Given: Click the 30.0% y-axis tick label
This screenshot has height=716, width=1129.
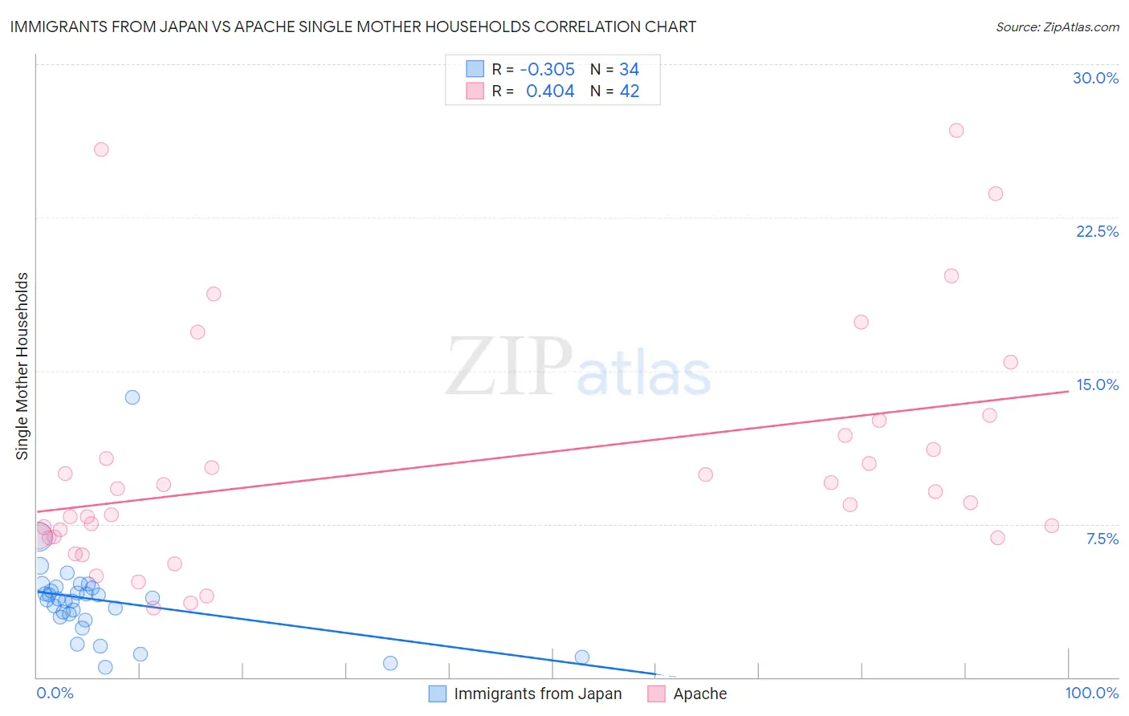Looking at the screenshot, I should (1095, 78).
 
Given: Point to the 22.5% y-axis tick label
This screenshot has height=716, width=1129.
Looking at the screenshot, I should (1097, 231).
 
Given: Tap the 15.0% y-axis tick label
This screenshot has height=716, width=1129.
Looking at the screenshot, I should (1097, 384).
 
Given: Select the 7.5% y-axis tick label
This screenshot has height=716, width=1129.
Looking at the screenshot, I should (1102, 539).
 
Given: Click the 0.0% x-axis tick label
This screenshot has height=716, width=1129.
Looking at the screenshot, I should (55, 693).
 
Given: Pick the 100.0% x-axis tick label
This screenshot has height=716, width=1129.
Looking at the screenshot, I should (1091, 693).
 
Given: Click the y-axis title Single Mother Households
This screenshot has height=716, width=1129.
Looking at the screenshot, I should (22, 366).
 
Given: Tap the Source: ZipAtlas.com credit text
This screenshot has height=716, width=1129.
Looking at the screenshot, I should (1057, 27).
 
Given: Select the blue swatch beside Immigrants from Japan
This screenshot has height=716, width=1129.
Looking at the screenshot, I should (437, 694).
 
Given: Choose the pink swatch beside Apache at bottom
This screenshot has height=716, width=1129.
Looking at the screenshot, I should (656, 694).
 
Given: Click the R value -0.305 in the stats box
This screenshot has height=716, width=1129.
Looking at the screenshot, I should (547, 70).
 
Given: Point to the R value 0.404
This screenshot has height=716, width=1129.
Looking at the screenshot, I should (550, 92).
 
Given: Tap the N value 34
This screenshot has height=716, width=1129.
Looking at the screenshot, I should (629, 70).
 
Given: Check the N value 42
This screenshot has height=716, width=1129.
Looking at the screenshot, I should (629, 92).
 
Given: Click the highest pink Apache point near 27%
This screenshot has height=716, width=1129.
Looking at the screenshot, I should (956, 130).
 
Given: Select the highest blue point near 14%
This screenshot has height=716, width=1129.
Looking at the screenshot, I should (132, 397).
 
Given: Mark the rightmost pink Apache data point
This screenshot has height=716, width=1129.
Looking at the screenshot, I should (1051, 526).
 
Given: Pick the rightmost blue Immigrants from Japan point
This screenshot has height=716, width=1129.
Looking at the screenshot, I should (582, 657).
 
